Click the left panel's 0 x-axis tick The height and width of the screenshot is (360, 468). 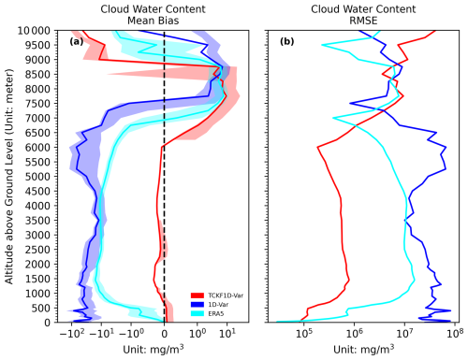165,333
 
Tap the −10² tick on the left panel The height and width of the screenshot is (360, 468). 72,333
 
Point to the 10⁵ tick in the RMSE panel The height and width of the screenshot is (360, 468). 303,333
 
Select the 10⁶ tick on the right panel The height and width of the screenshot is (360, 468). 354,333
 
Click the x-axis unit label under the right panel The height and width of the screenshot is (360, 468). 361,349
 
